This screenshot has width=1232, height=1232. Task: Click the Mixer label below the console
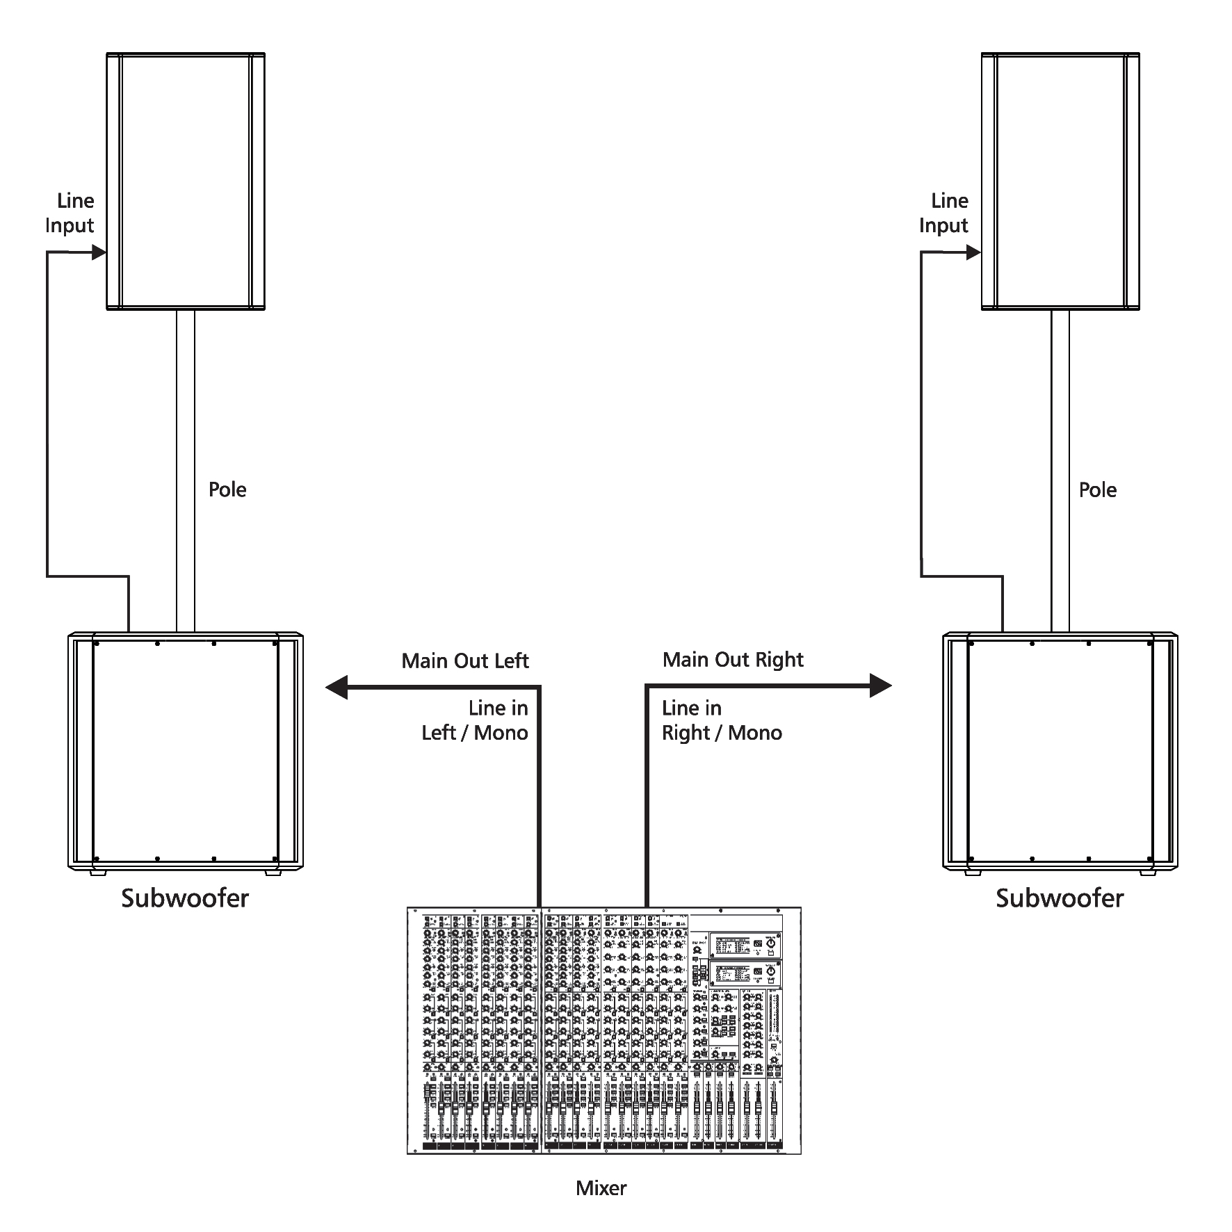click(x=601, y=1188)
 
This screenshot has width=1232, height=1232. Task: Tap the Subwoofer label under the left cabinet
click(x=185, y=898)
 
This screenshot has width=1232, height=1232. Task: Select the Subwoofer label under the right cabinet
click(x=1060, y=898)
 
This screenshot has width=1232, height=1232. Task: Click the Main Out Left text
click(x=465, y=660)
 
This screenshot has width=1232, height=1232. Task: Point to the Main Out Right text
click(x=733, y=660)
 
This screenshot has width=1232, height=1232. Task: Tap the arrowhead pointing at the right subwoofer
click(x=881, y=686)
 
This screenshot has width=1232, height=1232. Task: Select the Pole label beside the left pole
click(x=227, y=489)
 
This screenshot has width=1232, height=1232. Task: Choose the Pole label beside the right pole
click(x=1098, y=489)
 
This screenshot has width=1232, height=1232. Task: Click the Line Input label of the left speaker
click(x=70, y=213)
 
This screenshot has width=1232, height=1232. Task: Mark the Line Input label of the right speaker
click(x=943, y=213)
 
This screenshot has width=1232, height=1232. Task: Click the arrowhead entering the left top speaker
click(x=99, y=252)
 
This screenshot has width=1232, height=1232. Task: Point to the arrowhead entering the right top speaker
click(x=973, y=252)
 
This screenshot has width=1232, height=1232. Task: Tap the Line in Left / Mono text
click(x=475, y=720)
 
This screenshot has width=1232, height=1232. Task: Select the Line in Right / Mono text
click(x=722, y=720)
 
